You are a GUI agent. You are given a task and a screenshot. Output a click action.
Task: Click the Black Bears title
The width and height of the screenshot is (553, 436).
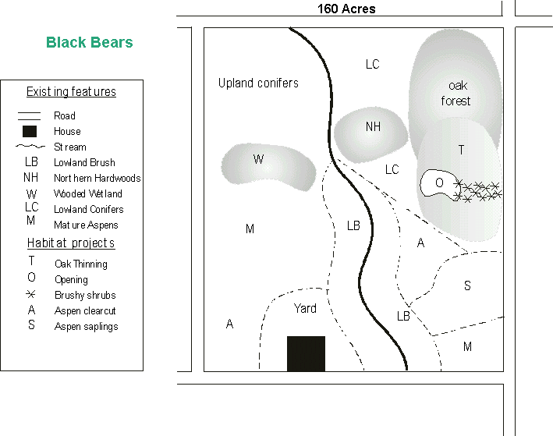point(90,42)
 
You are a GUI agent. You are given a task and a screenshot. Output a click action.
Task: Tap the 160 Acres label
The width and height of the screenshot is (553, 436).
point(346,9)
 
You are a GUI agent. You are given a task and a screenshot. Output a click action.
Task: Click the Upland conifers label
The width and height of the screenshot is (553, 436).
point(258,83)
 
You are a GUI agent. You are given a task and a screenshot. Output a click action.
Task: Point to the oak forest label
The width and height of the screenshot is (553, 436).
point(456,94)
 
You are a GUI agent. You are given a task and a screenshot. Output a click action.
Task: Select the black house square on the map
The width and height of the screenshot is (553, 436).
point(306,353)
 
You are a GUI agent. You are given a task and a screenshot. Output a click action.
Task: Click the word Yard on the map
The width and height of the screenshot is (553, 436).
point(305,308)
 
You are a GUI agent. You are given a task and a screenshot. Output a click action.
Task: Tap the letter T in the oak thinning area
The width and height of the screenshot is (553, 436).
point(461,150)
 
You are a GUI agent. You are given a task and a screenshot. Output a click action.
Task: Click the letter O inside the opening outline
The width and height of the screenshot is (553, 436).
point(439,183)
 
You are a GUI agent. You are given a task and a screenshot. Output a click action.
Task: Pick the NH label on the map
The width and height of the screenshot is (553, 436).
point(373,126)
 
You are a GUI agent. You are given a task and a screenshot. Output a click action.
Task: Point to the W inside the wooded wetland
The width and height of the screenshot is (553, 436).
point(258,159)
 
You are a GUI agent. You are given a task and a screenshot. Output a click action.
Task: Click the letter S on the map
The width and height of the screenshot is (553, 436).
point(467,285)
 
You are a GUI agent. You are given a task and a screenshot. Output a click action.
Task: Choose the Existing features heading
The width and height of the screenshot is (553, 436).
point(71,92)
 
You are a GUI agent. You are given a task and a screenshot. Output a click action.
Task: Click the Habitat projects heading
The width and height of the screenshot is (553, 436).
point(71,243)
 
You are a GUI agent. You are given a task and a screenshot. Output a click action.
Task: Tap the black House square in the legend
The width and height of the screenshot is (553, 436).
point(30,131)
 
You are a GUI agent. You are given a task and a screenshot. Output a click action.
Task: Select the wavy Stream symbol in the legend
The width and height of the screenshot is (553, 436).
point(30,147)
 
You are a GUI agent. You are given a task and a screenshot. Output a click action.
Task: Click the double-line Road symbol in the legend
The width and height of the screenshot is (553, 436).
point(30,116)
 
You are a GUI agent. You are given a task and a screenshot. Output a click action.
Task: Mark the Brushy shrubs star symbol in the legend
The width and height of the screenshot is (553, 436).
point(31,294)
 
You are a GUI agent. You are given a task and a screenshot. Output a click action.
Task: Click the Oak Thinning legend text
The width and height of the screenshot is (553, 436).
point(81,264)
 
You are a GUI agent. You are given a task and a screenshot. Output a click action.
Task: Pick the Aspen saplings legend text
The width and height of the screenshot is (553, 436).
point(87,327)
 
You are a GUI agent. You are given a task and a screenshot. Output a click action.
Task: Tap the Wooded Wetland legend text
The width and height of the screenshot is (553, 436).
point(88,193)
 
